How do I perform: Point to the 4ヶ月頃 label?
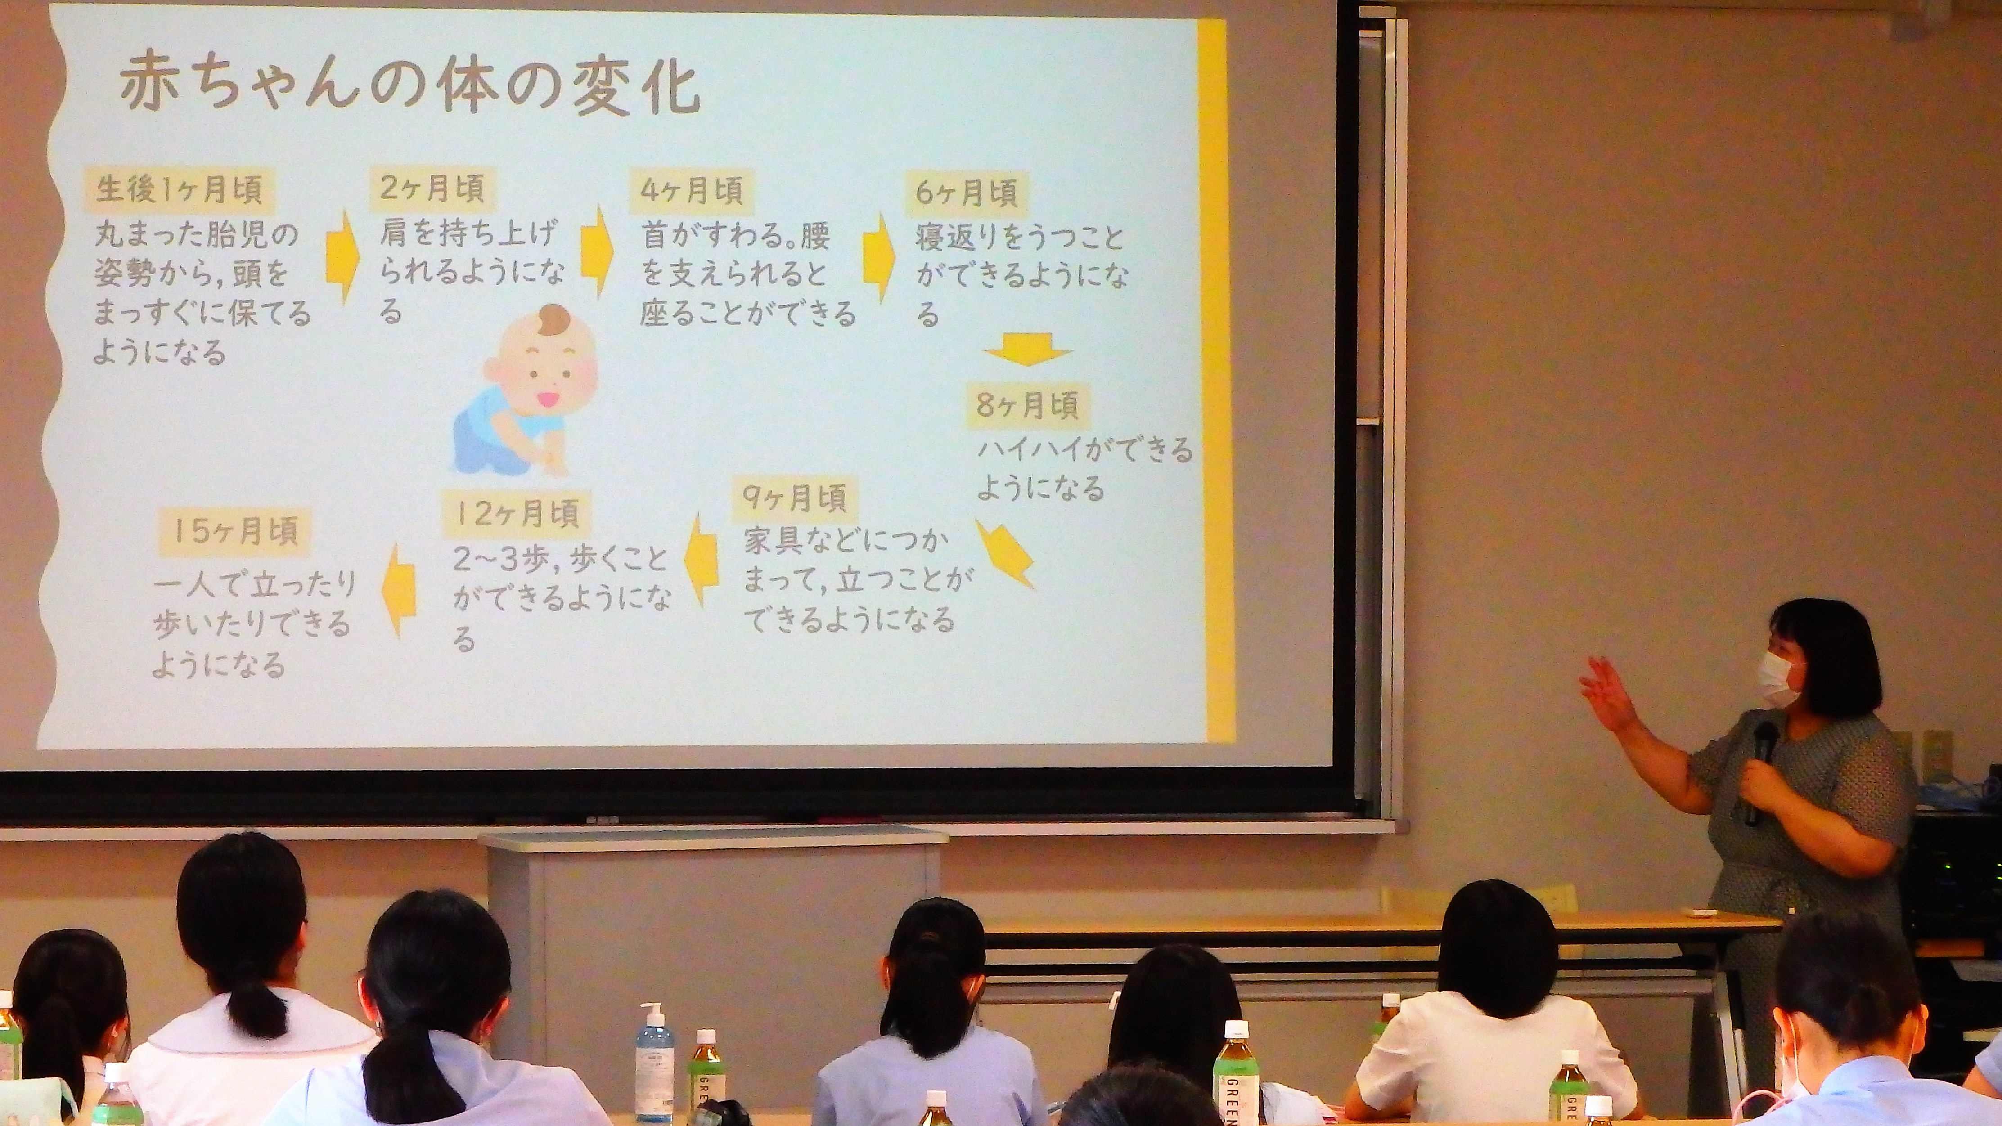click(x=692, y=190)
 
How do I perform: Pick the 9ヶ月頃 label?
click(x=794, y=498)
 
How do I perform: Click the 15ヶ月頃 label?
click(x=235, y=532)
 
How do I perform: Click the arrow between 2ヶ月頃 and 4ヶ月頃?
click(x=597, y=250)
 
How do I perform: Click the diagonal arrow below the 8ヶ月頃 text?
click(x=1004, y=553)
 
